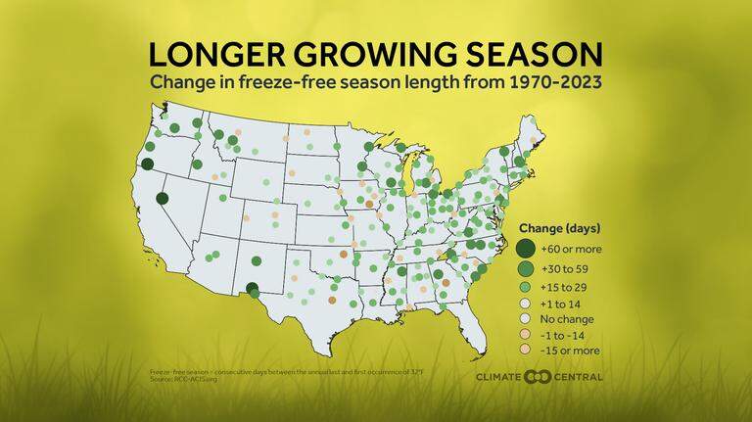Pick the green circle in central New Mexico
pos(257,260)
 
